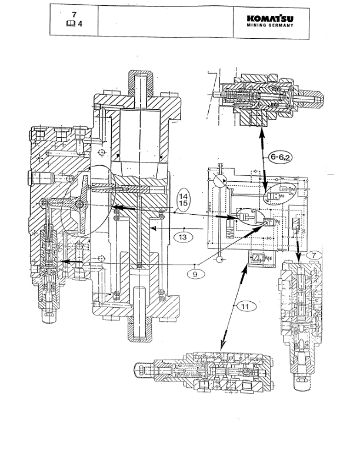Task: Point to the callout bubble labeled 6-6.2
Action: (281, 157)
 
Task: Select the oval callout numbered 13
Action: (183, 236)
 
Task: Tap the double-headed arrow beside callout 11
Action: (234, 309)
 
